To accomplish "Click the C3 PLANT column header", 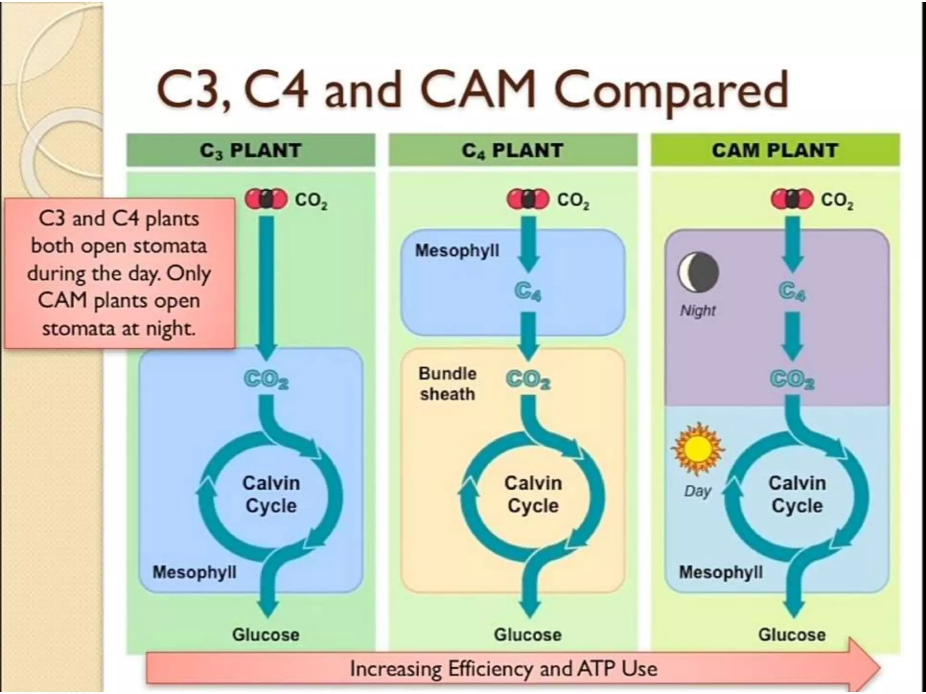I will point(250,150).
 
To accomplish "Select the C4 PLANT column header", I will point(512,150).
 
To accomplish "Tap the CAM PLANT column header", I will point(775,150).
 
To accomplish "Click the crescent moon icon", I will point(698,272).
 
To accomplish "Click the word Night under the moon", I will point(698,310).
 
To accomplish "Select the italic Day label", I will point(698,491).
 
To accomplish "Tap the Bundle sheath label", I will point(447,384).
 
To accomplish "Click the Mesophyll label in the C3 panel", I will point(194,572).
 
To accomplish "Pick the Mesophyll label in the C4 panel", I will point(457,250).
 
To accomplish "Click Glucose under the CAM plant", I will point(792,634).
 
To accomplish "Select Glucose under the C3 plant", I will point(266,634).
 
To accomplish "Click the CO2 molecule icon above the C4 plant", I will point(528,199).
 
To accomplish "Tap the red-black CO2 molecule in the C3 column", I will point(266,199).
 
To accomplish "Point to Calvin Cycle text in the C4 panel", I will point(533,494).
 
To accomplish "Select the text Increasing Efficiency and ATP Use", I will point(503,668).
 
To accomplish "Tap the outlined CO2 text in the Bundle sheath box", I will point(528,380).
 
